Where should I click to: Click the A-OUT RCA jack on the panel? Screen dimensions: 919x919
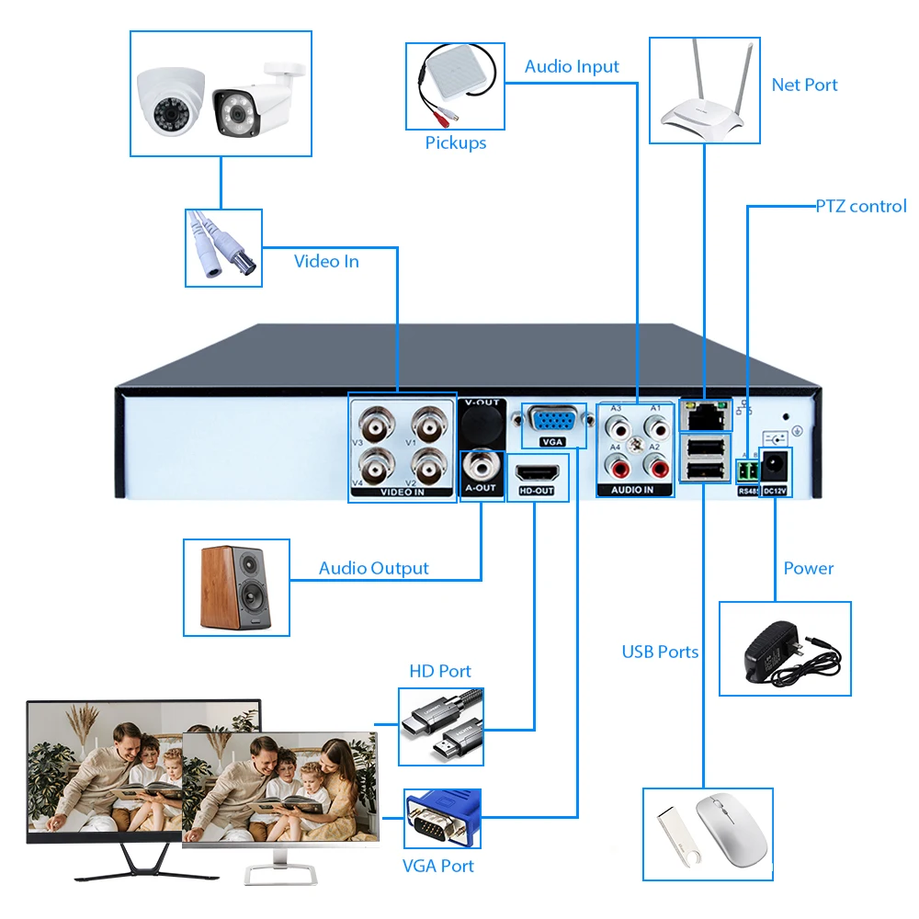click(x=481, y=462)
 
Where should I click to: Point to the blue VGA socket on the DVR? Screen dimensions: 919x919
click(x=553, y=421)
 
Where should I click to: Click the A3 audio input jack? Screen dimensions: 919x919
click(x=617, y=427)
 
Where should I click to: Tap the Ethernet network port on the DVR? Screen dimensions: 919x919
click(x=705, y=414)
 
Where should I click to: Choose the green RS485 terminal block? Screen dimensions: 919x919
click(x=747, y=471)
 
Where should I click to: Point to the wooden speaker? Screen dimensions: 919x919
click(x=235, y=587)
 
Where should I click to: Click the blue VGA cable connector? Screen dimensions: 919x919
click(x=441, y=820)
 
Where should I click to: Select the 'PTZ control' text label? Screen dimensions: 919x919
click(x=861, y=206)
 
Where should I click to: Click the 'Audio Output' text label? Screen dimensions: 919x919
click(x=373, y=568)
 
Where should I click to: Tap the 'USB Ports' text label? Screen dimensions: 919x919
click(x=660, y=652)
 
